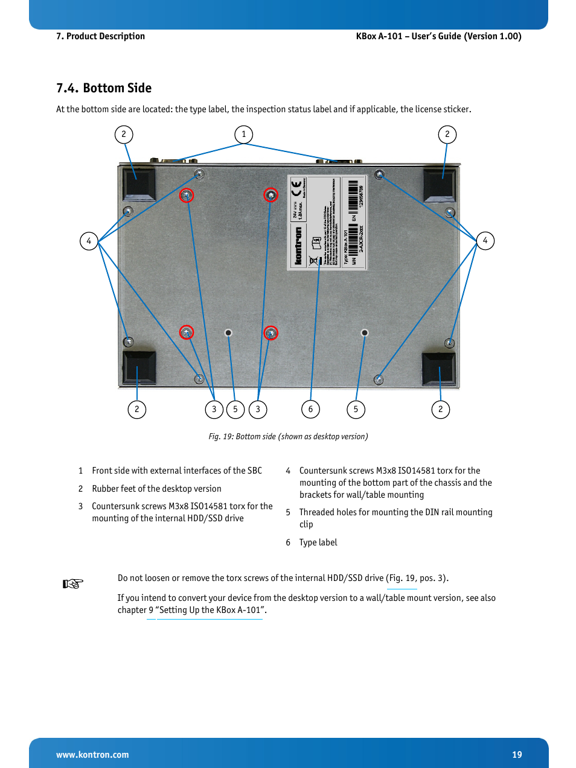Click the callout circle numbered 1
coord(243,135)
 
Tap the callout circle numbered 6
coord(310,410)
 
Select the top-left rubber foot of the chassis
coord(139,183)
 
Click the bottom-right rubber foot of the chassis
coord(438,368)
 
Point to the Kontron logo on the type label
coord(298,246)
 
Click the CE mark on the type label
coord(296,189)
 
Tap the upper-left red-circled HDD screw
coord(187,195)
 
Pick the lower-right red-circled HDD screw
coord(271,333)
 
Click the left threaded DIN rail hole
coord(228,332)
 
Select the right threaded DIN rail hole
coord(364,332)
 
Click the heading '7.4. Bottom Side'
coord(104,88)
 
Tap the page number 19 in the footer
coord(517,755)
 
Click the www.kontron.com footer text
coord(92,755)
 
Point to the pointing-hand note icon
coord(72,583)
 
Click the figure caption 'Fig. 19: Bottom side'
coord(288,436)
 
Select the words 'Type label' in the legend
coord(318,542)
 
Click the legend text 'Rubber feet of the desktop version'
coord(156,489)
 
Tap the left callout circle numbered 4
coord(89,241)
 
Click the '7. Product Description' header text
coord(100,36)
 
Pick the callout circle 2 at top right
coord(447,135)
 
